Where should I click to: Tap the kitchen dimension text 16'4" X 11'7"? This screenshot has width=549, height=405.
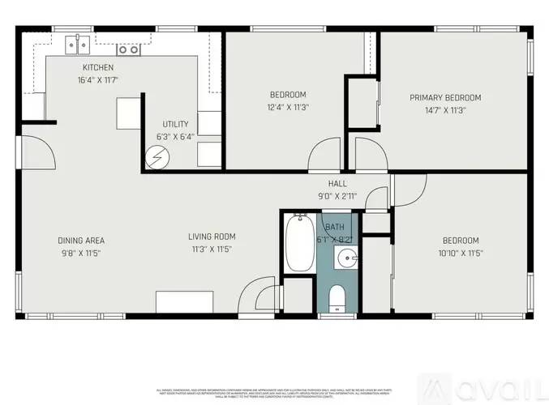click(x=98, y=80)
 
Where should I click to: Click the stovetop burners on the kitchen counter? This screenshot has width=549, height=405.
click(x=127, y=49)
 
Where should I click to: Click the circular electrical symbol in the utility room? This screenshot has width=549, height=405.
click(x=154, y=159)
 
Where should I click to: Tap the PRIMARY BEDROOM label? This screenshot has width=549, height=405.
click(x=450, y=97)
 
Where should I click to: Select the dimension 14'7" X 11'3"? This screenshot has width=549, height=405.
click(x=450, y=109)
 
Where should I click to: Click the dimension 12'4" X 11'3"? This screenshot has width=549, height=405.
click(x=288, y=107)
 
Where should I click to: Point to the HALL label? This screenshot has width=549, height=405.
click(x=337, y=184)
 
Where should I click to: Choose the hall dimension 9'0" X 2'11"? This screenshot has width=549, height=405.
click(x=337, y=196)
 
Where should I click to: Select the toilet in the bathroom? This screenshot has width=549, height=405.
click(x=338, y=299)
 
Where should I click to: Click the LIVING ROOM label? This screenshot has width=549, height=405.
click(x=212, y=237)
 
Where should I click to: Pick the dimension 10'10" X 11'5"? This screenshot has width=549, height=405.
click(x=460, y=254)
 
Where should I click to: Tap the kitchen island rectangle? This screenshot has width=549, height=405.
click(x=127, y=113)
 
